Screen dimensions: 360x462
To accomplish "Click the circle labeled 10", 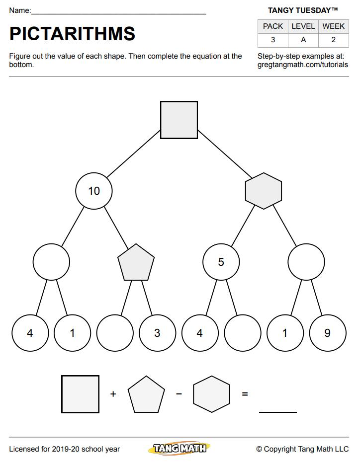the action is click(94, 191).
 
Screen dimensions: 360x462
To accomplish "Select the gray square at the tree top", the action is click(179, 120).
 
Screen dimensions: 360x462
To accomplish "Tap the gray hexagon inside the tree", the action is click(264, 191).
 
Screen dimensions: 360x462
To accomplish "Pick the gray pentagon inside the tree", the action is click(136, 262).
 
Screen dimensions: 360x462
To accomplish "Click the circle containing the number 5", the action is click(221, 262).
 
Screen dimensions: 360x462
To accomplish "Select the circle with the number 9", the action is click(328, 333).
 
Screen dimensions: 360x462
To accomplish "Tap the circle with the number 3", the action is click(158, 333).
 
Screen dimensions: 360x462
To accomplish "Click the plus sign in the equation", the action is click(113, 394).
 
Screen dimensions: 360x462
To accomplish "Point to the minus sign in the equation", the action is click(179, 393).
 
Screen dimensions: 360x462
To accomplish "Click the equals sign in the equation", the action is click(245, 394).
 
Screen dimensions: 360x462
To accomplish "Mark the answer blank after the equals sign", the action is click(278, 412).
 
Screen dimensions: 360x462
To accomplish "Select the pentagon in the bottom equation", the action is click(146, 394).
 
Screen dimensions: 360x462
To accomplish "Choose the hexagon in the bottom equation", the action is click(212, 394).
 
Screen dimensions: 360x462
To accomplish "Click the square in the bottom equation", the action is click(80, 394).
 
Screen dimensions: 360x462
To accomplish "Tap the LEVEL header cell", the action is click(303, 26).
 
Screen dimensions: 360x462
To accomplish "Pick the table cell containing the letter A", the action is click(303, 40).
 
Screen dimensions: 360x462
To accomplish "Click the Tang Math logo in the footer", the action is click(180, 449).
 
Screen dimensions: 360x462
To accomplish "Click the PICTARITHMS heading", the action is click(72, 34).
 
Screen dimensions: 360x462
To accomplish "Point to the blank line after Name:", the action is click(118, 13).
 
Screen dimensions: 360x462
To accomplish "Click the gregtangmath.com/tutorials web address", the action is click(303, 65).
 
